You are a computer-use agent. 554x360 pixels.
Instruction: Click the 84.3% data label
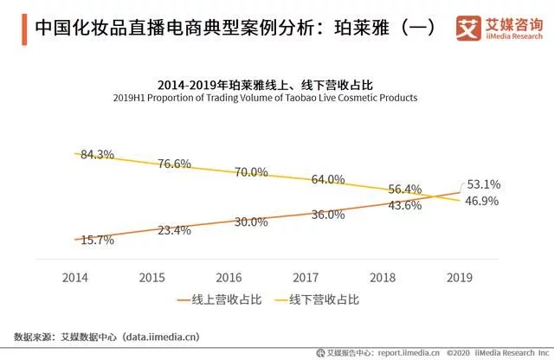click(x=97, y=155)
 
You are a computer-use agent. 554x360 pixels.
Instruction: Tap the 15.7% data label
click(x=97, y=241)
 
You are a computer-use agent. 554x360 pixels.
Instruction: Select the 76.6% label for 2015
click(x=173, y=164)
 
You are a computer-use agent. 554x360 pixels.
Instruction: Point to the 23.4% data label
click(x=173, y=231)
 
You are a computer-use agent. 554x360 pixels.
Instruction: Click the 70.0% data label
click(x=251, y=172)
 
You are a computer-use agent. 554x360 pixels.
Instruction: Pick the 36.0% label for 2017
click(x=328, y=215)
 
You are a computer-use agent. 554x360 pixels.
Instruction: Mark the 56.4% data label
click(x=405, y=190)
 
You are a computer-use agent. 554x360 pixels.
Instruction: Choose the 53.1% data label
click(x=483, y=185)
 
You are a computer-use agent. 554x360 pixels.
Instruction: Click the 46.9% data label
click(x=483, y=201)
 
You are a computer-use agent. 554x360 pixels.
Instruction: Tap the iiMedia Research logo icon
click(x=467, y=28)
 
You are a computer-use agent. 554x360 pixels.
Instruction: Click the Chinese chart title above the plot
click(x=277, y=85)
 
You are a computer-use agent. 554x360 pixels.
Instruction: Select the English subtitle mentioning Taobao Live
click(x=277, y=98)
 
